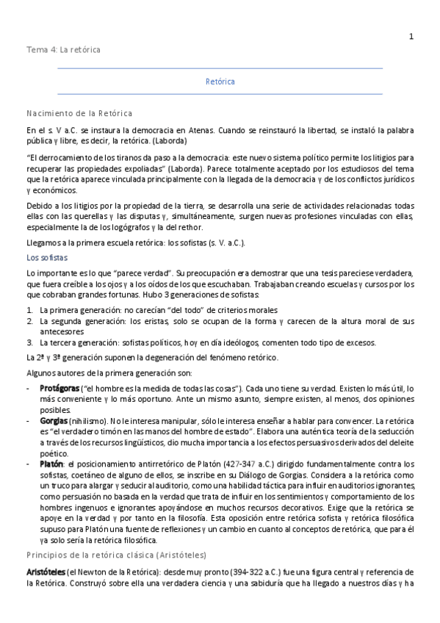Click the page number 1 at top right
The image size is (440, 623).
tap(411, 36)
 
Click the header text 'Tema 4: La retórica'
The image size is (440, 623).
tap(63, 49)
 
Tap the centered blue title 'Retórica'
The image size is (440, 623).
tap(220, 82)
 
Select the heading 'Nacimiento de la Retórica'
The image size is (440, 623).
tap(79, 113)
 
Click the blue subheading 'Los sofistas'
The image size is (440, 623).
tap(47, 258)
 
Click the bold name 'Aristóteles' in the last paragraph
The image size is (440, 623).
tap(46, 572)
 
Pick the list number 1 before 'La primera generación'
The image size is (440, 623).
tap(29, 310)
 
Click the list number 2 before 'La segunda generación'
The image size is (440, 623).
tap(29, 321)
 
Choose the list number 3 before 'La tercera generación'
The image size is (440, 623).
tap(29, 342)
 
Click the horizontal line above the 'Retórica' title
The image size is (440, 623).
tap(220, 68)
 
